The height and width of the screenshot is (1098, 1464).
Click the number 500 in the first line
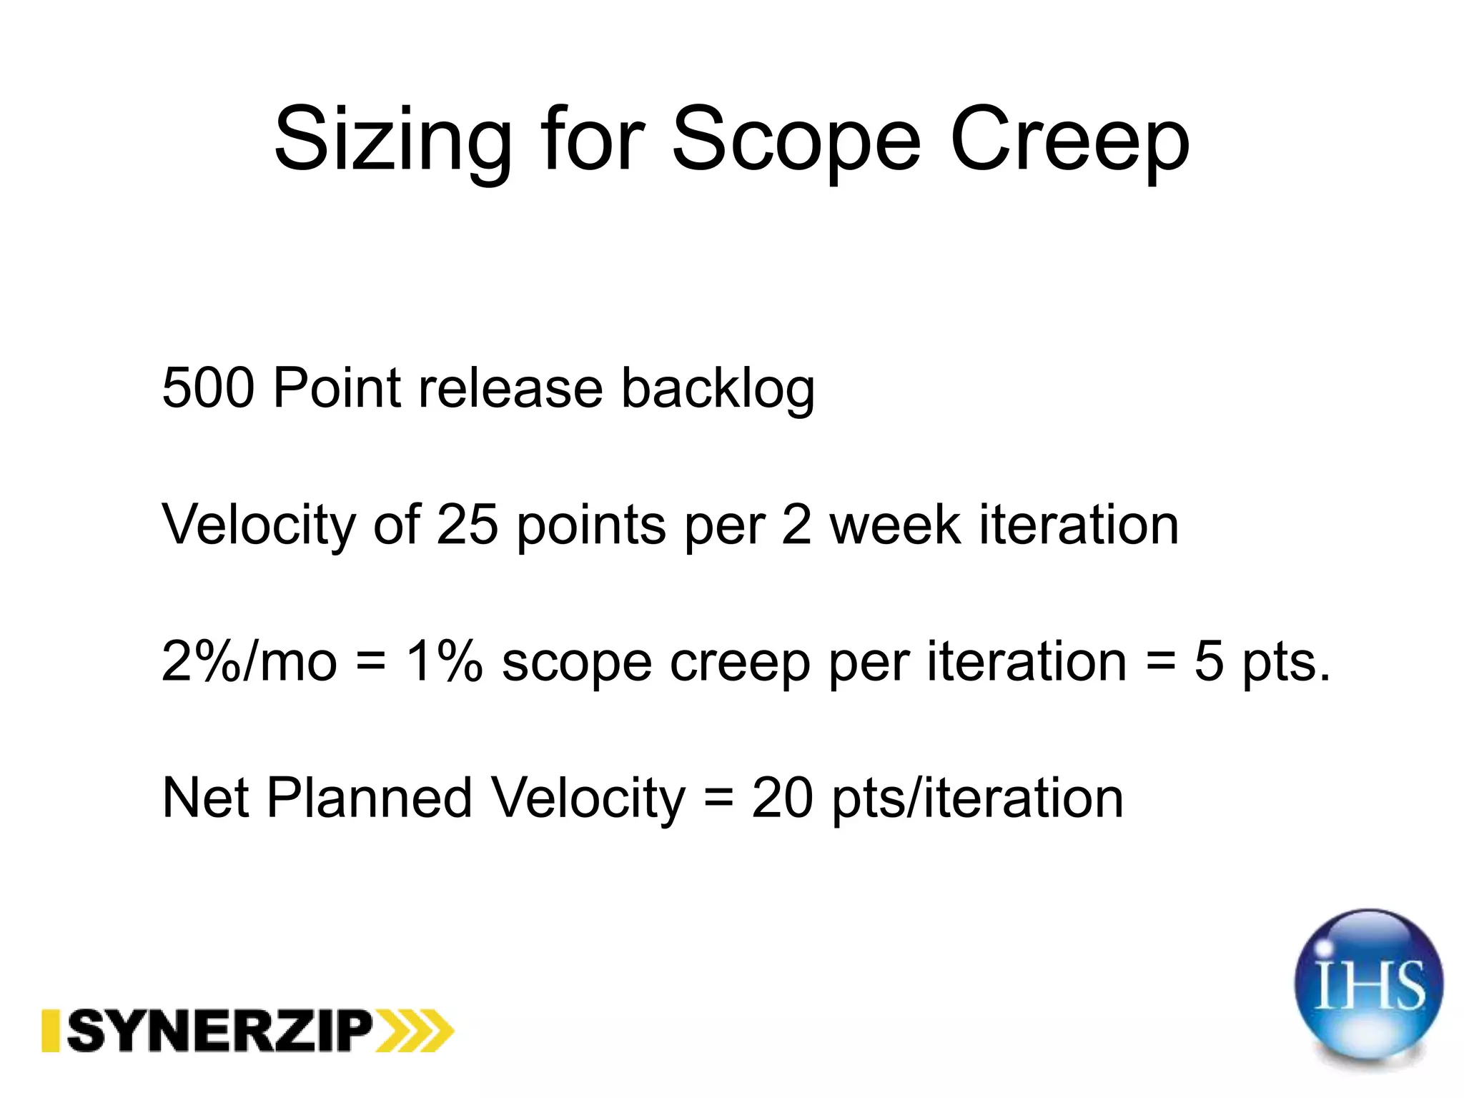click(x=208, y=388)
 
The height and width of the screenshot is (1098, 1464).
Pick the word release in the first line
click(x=510, y=388)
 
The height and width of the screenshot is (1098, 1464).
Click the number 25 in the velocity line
click(x=467, y=525)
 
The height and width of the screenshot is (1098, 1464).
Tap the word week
click(x=896, y=525)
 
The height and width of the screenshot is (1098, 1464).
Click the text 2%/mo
click(x=249, y=661)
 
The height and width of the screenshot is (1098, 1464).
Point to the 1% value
click(x=444, y=661)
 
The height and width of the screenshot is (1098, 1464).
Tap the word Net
click(x=206, y=798)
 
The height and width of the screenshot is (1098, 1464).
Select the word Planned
click(x=369, y=798)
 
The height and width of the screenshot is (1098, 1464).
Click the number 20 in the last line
click(x=782, y=798)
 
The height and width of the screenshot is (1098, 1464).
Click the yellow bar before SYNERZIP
click(x=50, y=1031)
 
